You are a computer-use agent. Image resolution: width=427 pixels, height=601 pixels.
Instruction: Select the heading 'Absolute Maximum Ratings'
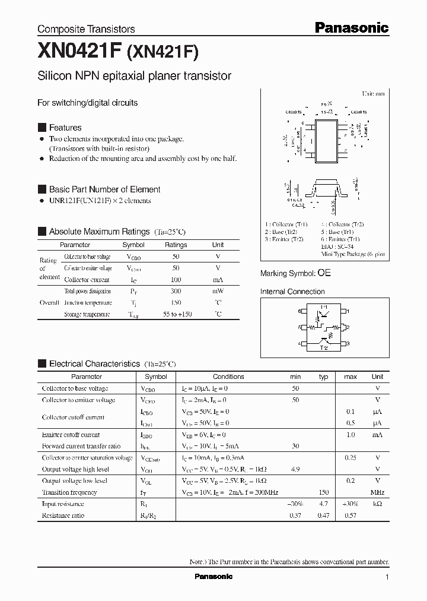pyautogui.click(x=99, y=232)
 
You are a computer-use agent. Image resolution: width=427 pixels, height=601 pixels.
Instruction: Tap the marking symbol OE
pyautogui.click(x=324, y=273)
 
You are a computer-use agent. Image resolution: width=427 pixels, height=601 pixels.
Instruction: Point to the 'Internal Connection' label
pyautogui.click(x=292, y=292)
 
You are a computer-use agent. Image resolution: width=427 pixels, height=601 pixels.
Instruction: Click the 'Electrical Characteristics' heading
pyautogui.click(x=94, y=363)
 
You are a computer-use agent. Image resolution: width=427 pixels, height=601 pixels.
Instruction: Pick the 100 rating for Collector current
pyautogui.click(x=176, y=280)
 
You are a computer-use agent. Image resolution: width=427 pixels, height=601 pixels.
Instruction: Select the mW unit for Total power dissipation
pyautogui.click(x=218, y=291)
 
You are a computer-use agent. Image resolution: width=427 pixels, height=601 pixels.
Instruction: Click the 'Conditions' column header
pyautogui.click(x=228, y=377)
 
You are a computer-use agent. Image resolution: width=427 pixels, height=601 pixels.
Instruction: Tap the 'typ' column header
pyautogui.click(x=323, y=377)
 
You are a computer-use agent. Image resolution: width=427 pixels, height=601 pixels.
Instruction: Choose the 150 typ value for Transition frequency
pyautogui.click(x=323, y=492)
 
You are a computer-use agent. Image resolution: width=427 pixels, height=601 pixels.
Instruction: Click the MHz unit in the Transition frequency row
pyautogui.click(x=377, y=492)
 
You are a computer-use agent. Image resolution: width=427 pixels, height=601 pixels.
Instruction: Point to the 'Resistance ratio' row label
pyautogui.click(x=63, y=515)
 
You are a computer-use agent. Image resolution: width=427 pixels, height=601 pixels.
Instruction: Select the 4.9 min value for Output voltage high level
pyautogui.click(x=295, y=469)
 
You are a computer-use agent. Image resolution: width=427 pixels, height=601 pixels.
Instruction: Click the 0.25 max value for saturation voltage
pyautogui.click(x=350, y=458)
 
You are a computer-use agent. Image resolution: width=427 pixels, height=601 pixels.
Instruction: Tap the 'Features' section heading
pyautogui.click(x=65, y=128)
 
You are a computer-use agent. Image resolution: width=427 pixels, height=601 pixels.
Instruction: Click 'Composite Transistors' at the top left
pyautogui.click(x=86, y=29)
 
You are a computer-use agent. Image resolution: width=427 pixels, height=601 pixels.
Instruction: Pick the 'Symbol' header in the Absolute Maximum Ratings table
pyautogui.click(x=133, y=245)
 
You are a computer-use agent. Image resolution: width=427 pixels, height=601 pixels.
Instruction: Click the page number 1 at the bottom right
pyautogui.click(x=387, y=577)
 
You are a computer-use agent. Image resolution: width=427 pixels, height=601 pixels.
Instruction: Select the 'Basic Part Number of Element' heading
pyautogui.click(x=104, y=189)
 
